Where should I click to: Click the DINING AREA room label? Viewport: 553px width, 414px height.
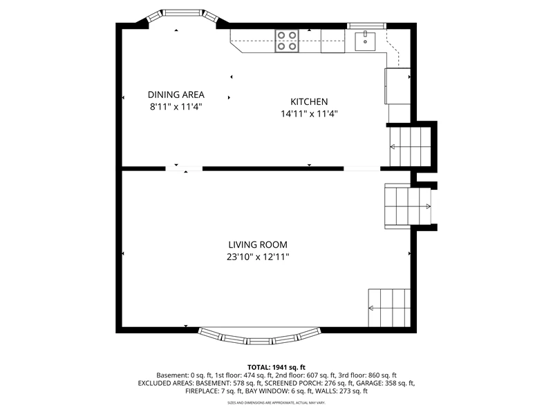tap(176, 95)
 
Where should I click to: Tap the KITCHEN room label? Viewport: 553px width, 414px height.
tap(309, 101)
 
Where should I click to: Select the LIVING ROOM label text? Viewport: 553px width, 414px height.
tap(258, 245)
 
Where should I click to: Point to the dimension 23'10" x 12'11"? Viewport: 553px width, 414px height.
tap(258, 257)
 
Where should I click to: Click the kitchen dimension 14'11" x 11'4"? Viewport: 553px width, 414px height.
tap(309, 114)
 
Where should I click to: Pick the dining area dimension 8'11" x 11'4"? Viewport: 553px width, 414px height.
tap(176, 107)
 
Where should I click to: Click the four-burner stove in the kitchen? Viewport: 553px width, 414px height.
tap(287, 41)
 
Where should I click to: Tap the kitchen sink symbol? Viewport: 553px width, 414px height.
tap(365, 41)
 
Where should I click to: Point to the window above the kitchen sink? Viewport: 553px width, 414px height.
tap(366, 26)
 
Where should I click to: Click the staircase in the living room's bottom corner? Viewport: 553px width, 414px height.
tap(389, 308)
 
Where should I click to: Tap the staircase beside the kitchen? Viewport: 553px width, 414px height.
tap(410, 146)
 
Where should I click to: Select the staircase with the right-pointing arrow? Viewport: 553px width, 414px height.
tap(408, 206)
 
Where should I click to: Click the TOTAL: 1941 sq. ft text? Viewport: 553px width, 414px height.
tap(276, 368)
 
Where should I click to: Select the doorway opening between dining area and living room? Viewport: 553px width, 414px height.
tap(184, 169)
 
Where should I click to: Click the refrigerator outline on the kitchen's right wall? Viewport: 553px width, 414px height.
tap(397, 86)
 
